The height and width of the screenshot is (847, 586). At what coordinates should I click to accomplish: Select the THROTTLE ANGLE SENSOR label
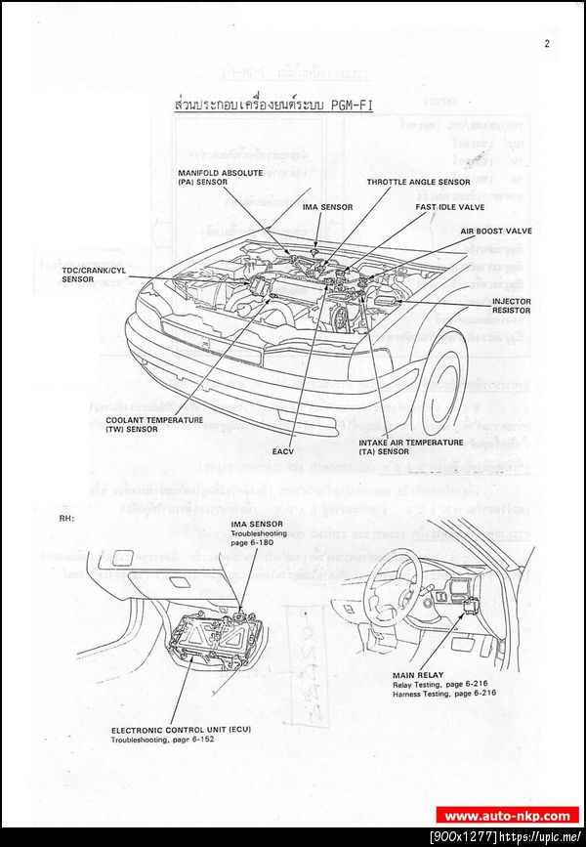418,182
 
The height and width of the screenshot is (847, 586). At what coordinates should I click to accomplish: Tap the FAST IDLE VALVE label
449,206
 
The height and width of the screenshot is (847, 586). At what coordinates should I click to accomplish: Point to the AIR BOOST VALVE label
496,232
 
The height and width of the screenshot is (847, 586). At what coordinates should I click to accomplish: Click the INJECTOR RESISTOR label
511,306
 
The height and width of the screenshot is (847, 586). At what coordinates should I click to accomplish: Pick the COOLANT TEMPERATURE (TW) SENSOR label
154,424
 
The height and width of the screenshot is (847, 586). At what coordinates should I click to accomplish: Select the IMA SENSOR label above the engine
327,207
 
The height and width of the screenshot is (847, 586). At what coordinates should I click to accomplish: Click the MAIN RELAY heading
417,675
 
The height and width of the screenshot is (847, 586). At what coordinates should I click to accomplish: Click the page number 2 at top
547,43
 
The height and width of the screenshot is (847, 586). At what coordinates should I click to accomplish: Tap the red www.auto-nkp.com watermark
507,816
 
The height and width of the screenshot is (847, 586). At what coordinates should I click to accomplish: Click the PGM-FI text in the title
344,105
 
